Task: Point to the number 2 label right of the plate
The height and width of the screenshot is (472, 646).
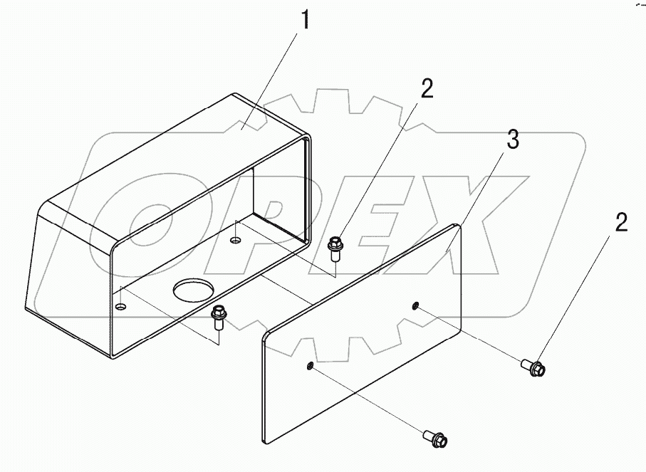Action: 621,224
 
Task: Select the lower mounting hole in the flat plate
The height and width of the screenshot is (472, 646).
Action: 310,366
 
